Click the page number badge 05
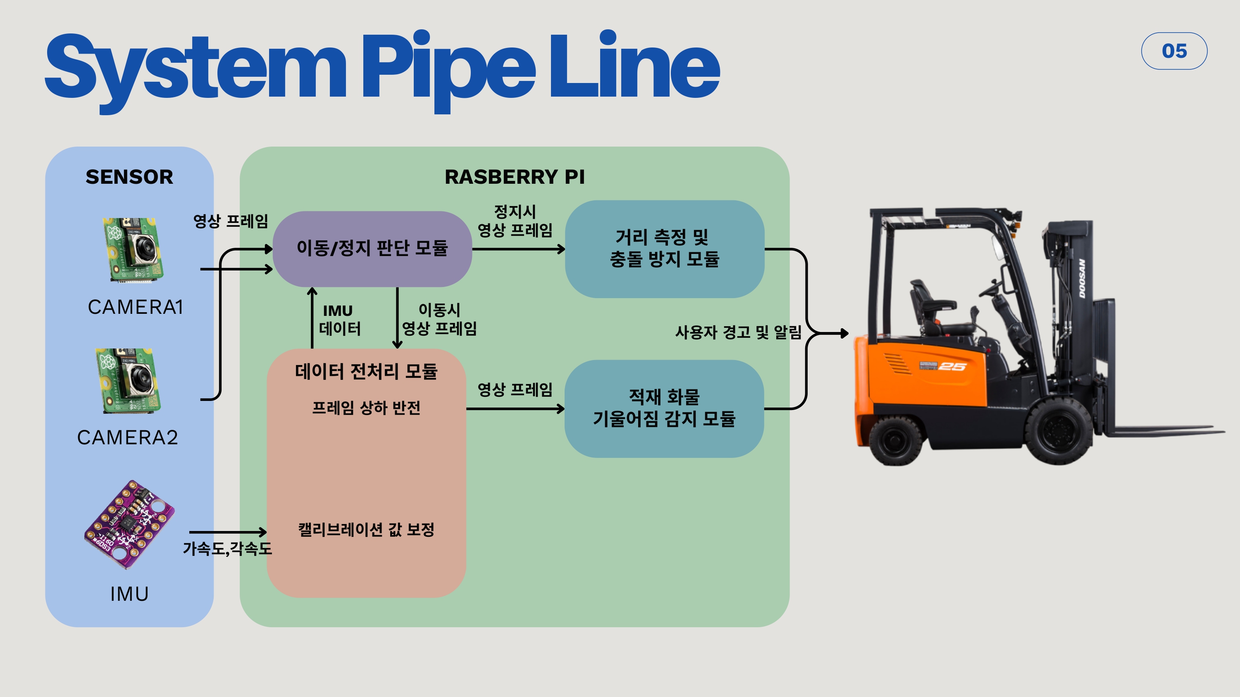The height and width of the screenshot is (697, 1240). (x=1173, y=51)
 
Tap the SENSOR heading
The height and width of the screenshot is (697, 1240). (x=129, y=177)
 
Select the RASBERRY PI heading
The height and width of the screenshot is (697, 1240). (x=514, y=177)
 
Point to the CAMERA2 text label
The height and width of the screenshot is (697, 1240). (x=128, y=437)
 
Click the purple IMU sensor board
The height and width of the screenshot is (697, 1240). (x=129, y=524)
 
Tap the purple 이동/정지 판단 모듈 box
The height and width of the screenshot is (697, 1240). (x=372, y=248)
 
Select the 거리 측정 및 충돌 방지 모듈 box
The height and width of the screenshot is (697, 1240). (x=664, y=249)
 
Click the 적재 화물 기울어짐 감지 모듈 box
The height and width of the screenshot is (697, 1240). (x=664, y=408)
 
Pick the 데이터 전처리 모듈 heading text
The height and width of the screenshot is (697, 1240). (x=366, y=371)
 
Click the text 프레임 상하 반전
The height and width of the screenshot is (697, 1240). (x=366, y=408)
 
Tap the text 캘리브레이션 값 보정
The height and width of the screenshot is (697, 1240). (x=366, y=530)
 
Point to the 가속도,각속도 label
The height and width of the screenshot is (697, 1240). (x=227, y=548)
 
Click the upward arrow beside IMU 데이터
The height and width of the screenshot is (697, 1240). (x=312, y=318)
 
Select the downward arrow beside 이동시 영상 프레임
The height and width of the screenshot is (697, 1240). (x=397, y=318)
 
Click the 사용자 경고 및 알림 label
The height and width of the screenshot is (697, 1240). (x=738, y=332)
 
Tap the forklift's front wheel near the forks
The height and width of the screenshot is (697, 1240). (x=1059, y=429)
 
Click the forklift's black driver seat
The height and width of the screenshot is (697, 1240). (x=930, y=308)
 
